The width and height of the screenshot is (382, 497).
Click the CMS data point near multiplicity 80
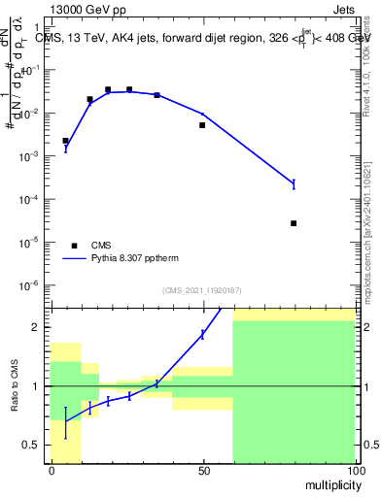294,223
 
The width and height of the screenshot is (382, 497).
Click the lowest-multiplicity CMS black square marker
65,141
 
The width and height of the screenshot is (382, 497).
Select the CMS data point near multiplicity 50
202,125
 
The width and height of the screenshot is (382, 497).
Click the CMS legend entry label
102,246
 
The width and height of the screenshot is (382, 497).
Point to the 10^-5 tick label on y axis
31,242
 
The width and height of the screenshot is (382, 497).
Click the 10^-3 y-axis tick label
31,156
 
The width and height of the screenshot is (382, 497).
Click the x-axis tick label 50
203,470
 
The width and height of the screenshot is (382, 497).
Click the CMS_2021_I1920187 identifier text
202,290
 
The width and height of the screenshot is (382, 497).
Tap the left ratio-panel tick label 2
37,328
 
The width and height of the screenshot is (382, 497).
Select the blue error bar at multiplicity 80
294,182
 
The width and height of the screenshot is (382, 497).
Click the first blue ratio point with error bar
65,421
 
